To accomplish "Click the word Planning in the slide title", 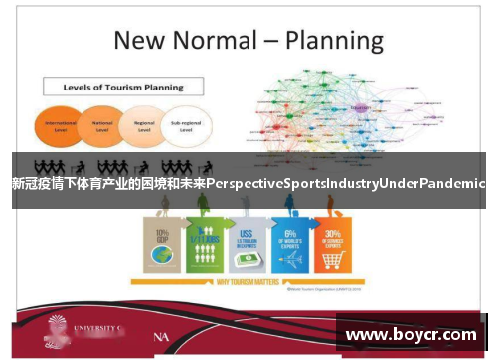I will click(328, 42).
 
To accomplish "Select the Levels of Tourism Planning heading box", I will click(123, 88).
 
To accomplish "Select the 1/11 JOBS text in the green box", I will click(204, 237).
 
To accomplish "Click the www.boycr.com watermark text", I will click(410, 334).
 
